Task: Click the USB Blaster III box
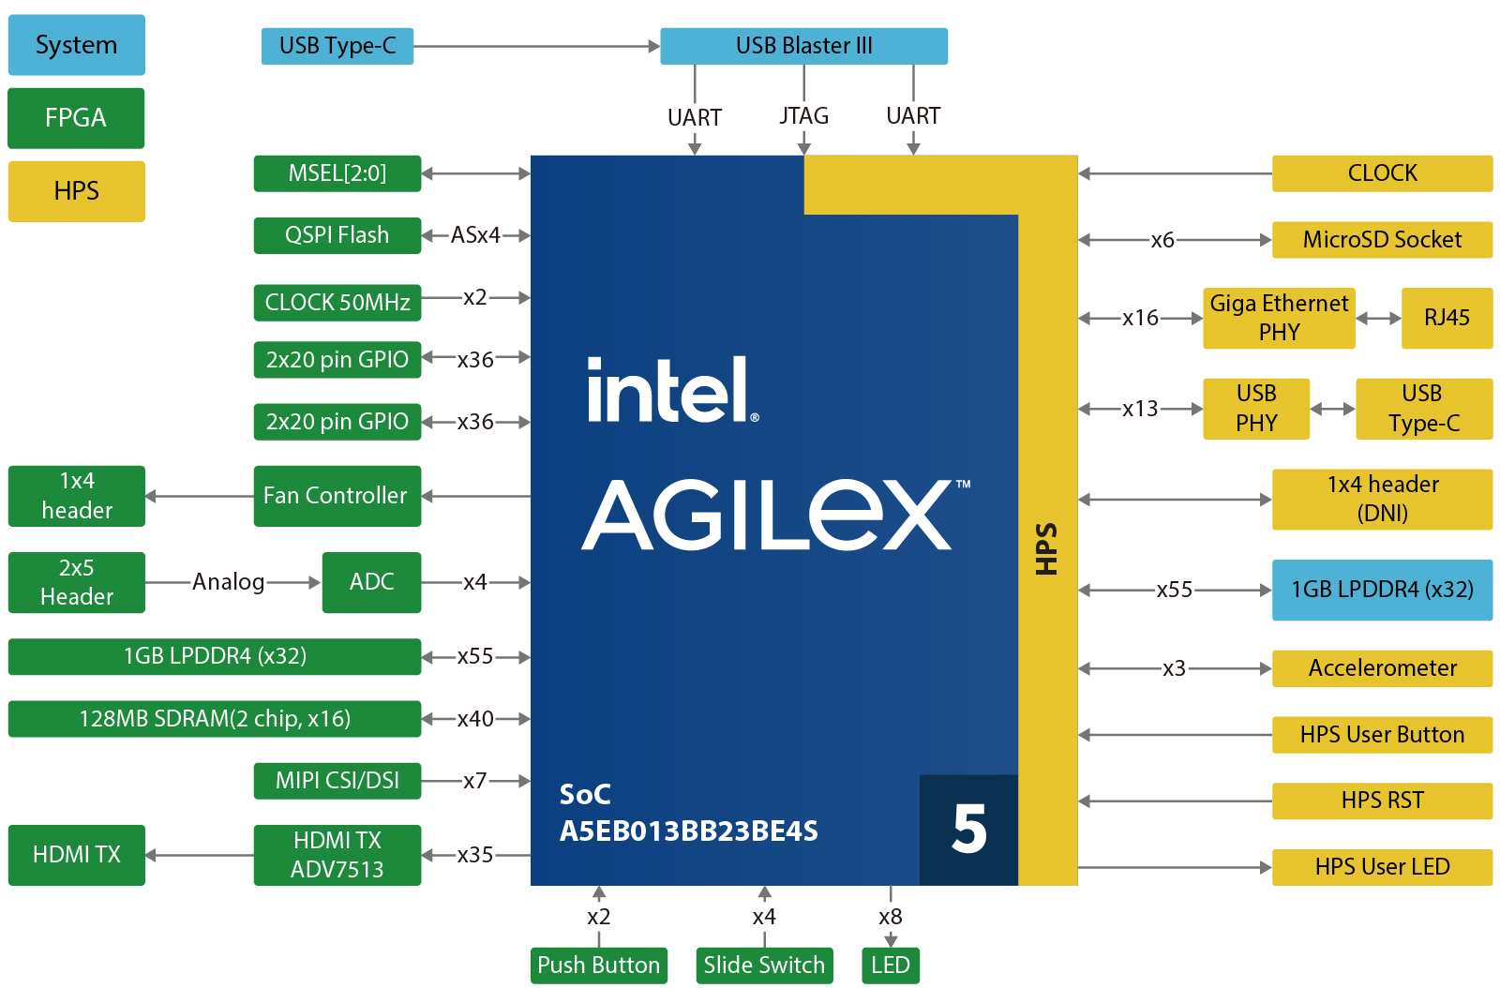click(x=803, y=46)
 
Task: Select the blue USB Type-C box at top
click(x=337, y=46)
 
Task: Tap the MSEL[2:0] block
click(x=337, y=173)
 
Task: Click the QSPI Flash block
click(x=337, y=235)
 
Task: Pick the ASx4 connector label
click(x=475, y=235)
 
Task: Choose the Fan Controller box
click(x=337, y=496)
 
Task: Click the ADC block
click(x=371, y=582)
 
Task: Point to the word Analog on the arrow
click(x=228, y=582)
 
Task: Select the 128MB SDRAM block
click(x=215, y=719)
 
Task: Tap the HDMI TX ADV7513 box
click(x=337, y=855)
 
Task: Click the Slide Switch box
click(x=764, y=966)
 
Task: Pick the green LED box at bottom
click(x=890, y=966)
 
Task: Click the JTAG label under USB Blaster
click(x=803, y=115)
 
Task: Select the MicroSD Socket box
click(x=1382, y=240)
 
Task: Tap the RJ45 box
click(x=1447, y=318)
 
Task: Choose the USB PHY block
click(x=1256, y=409)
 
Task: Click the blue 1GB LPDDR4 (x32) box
click(x=1382, y=590)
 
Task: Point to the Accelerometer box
click(x=1382, y=668)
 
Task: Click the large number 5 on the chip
click(x=968, y=830)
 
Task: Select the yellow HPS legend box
click(x=76, y=191)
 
